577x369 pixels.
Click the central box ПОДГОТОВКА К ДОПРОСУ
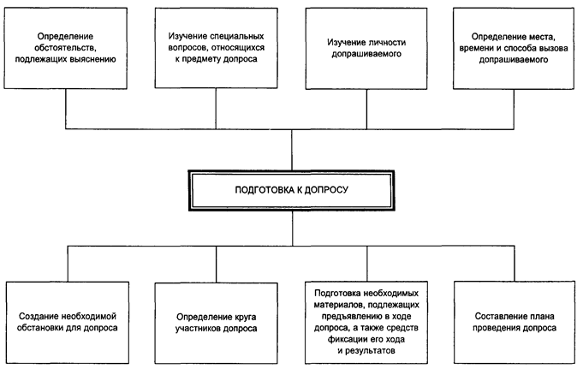coord(291,190)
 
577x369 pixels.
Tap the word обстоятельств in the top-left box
coord(66,48)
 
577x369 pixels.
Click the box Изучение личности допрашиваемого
coord(366,49)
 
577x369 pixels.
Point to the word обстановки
coord(40,328)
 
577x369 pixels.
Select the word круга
coord(245,317)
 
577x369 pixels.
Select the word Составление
coord(497,317)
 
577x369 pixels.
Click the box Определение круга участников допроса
coord(216,324)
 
